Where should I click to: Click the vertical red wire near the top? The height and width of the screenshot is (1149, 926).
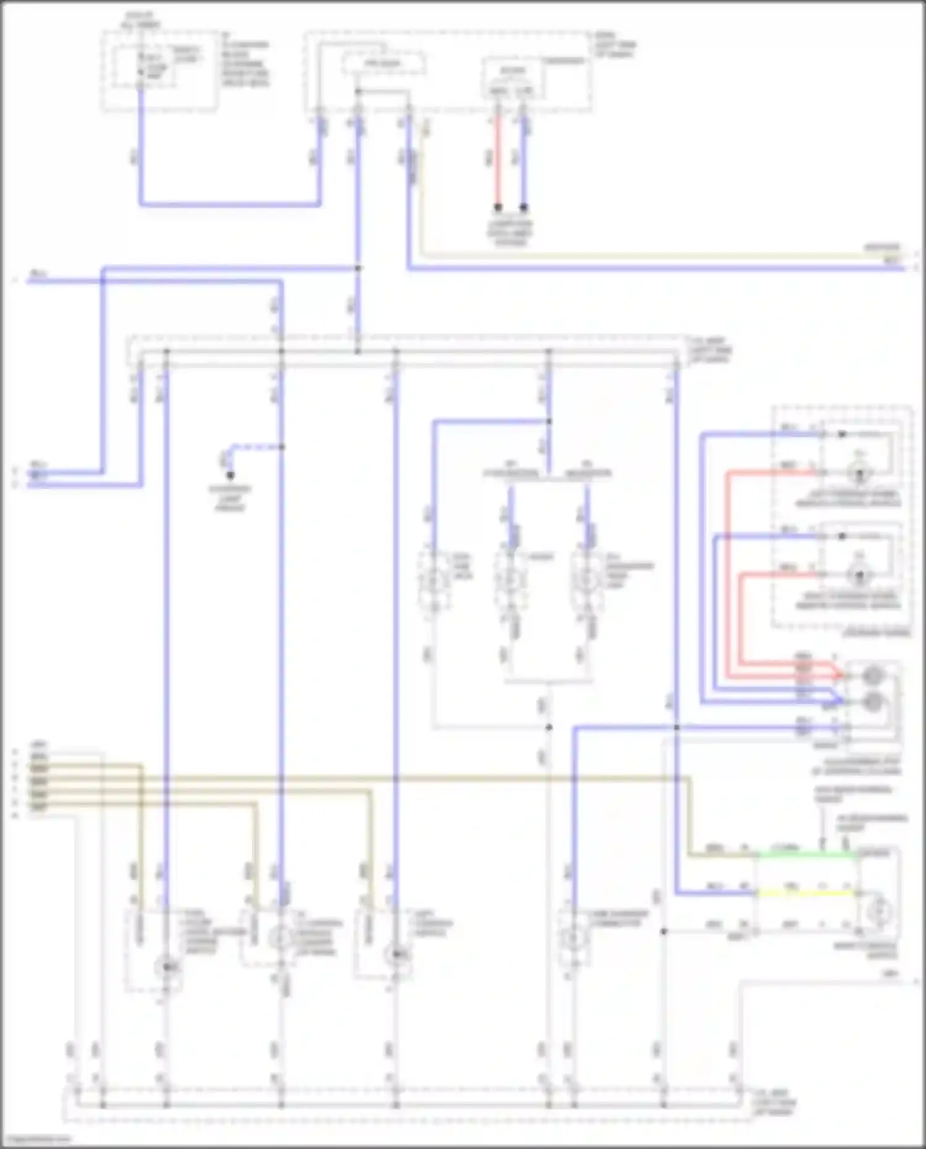498,164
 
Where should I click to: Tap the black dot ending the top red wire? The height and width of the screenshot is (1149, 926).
498,207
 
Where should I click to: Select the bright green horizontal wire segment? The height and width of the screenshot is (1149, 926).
806,855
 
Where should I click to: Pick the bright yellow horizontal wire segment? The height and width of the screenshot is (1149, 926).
806,893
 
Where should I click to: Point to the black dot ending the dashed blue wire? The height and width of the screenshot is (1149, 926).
230,475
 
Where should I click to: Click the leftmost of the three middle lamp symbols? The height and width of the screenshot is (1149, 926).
433,580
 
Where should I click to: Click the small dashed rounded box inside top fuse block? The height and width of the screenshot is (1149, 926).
384,63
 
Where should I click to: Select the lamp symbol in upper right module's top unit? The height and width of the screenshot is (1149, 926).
858,474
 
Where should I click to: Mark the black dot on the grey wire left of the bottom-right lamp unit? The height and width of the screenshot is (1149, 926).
664,932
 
